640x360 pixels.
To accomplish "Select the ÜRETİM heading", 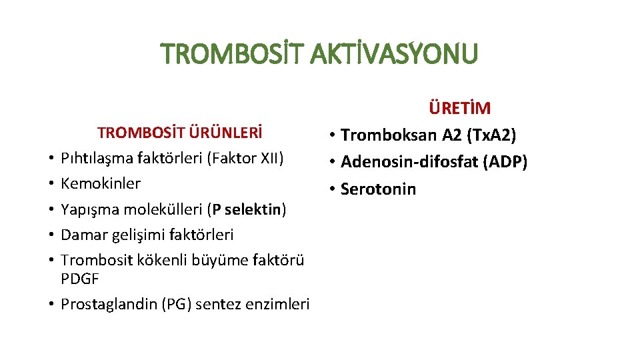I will tap(460, 109).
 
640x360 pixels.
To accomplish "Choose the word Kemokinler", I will tap(101, 183).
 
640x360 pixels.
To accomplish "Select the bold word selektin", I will tap(257, 209).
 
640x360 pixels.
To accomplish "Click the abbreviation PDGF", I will tap(79, 279).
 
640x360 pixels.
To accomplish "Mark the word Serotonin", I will tap(378, 189).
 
